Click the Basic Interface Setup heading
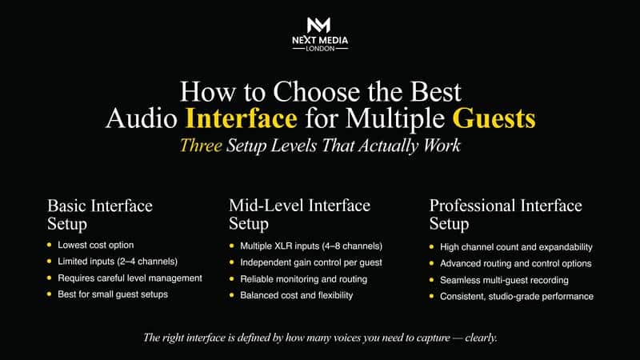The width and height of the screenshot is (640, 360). point(100,214)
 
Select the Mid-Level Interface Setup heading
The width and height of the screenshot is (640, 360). point(299,214)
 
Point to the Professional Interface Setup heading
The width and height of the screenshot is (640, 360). point(506,214)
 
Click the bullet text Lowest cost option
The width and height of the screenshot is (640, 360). point(95,244)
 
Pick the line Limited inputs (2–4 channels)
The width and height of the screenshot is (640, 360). point(117,261)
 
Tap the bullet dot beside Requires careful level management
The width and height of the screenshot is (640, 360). point(50,278)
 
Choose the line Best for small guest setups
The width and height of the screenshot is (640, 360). point(113,295)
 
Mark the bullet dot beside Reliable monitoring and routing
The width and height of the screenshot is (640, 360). point(232,278)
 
